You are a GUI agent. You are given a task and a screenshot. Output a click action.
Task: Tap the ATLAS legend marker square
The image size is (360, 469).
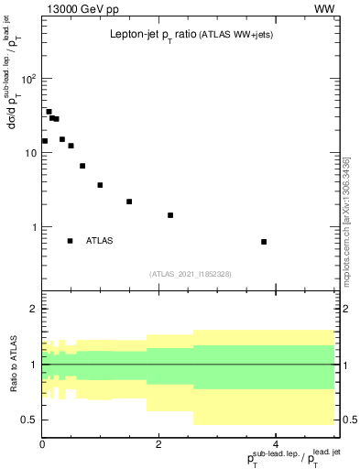70,241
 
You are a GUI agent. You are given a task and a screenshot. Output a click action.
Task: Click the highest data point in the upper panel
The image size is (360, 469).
49,112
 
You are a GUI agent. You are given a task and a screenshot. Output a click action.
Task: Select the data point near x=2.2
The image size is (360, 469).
170,215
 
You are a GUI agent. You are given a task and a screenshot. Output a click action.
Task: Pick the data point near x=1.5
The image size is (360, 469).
129,202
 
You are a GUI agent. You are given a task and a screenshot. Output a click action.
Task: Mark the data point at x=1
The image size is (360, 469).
100,185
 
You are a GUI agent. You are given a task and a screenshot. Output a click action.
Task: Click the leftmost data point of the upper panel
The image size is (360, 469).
44,141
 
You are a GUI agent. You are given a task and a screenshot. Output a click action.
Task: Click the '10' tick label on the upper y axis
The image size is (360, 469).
29,153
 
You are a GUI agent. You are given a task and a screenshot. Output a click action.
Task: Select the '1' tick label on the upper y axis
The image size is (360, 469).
33,227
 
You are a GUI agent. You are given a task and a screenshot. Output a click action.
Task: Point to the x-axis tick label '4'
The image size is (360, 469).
276,445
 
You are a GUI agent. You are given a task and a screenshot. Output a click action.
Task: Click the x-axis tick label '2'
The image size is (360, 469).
158,445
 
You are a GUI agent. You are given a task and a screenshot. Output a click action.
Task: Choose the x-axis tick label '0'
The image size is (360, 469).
42,445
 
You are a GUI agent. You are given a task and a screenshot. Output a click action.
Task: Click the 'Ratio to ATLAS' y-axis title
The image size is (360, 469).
11,364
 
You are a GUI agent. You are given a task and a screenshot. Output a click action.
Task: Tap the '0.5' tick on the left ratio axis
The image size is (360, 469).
27,420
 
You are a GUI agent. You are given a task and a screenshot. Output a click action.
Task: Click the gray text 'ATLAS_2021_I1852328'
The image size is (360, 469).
190,273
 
